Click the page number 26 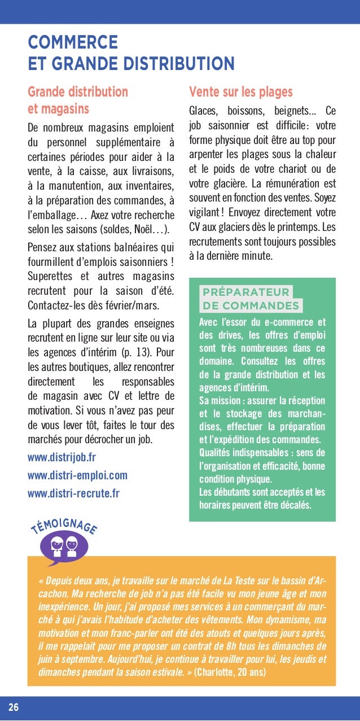point(13,708)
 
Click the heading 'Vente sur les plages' point(241,91)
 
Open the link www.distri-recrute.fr point(73,493)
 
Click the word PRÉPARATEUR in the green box point(245,292)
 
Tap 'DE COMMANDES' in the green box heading point(251,306)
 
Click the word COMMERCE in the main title point(73,42)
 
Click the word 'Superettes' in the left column point(50,277)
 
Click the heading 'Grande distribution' point(78,91)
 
